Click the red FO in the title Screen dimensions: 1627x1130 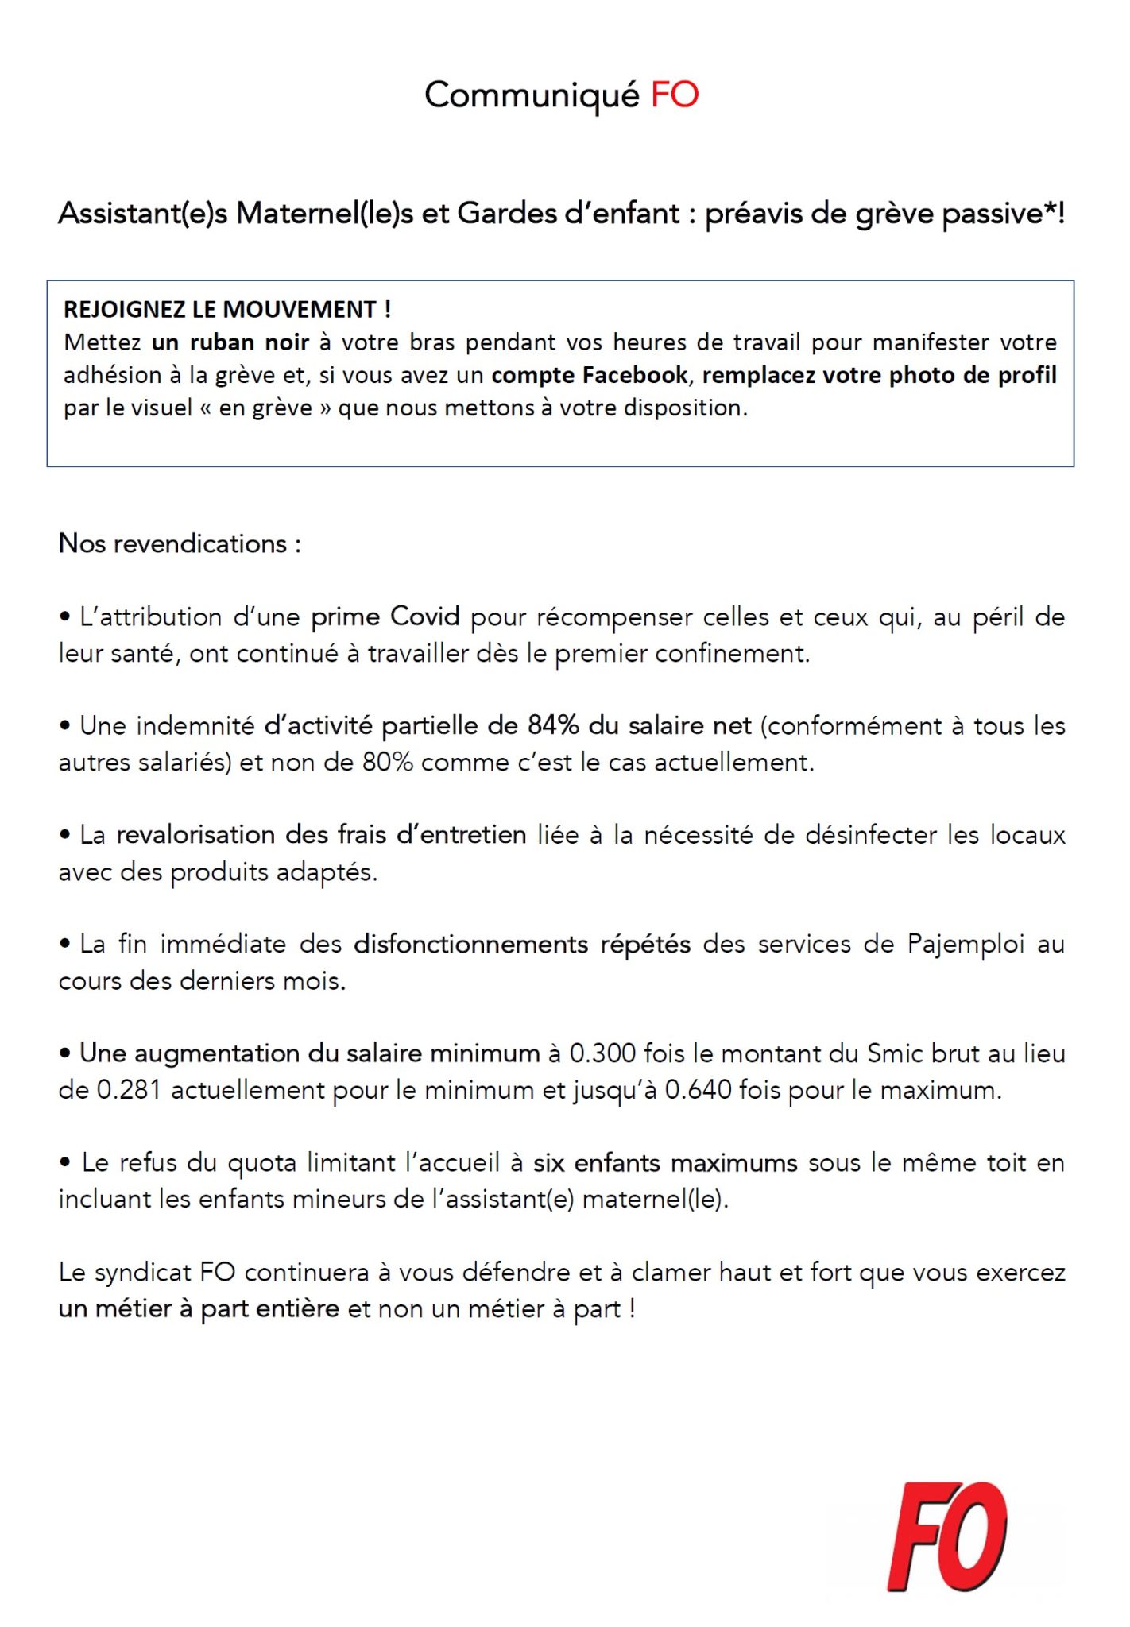pos(674,95)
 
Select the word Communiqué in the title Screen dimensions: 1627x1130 pos(532,95)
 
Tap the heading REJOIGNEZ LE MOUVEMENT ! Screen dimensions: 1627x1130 pos(227,309)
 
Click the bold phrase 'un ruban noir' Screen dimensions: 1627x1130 pos(230,342)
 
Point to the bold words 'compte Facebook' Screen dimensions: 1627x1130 pos(590,375)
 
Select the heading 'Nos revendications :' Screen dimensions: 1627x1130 pos(180,544)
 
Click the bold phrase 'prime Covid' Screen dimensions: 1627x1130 pos(385,617)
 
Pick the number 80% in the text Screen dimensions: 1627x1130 pos(388,763)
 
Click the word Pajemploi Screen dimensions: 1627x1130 pos(966,944)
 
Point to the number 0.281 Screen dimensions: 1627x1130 pos(129,1090)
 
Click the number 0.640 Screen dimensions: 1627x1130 pos(697,1090)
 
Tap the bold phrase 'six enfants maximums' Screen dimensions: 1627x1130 pos(665,1163)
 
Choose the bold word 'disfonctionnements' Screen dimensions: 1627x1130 pos(471,944)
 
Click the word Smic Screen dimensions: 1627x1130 pos(895,1053)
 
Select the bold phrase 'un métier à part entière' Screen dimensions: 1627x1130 pos(199,1308)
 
